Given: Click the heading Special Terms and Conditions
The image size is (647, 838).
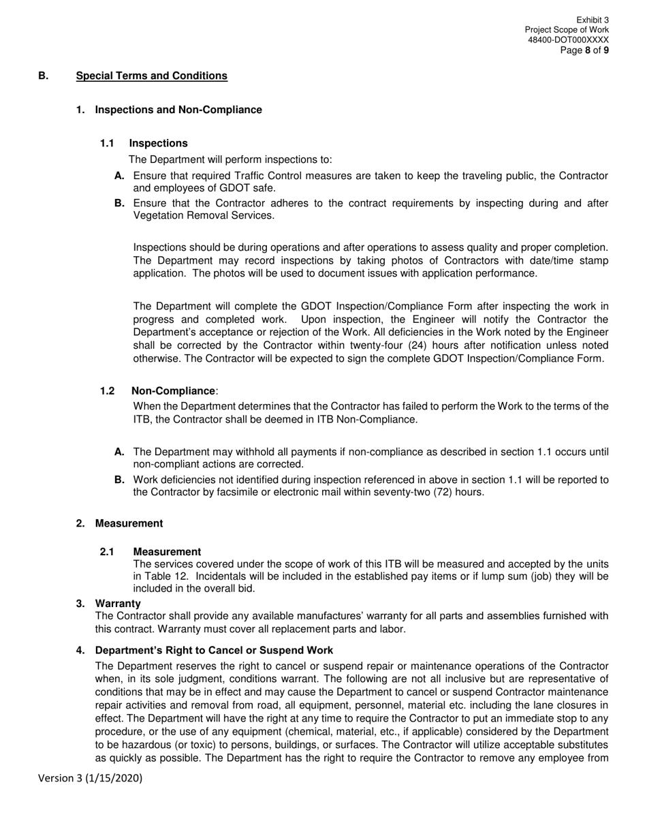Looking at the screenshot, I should (151, 76).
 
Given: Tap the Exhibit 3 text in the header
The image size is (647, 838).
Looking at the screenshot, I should (592, 20).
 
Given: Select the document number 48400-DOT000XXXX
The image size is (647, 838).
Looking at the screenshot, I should (568, 40).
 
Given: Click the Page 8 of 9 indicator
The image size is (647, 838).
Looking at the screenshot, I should (584, 50).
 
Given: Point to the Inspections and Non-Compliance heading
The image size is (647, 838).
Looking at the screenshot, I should (178, 110).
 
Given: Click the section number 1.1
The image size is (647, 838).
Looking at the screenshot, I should (107, 143).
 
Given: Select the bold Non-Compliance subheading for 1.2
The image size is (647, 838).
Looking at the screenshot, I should (173, 391).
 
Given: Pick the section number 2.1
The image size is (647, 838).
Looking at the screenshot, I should (107, 552).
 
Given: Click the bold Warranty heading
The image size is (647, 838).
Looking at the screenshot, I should (118, 604).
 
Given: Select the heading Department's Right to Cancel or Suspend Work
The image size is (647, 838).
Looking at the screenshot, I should (214, 650).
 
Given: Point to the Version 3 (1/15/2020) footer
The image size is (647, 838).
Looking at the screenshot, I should (91, 778).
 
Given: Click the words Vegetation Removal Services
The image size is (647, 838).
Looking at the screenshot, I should (203, 215).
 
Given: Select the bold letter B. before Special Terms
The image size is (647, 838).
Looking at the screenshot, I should (44, 76).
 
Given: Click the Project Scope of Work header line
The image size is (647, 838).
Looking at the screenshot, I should (567, 31).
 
